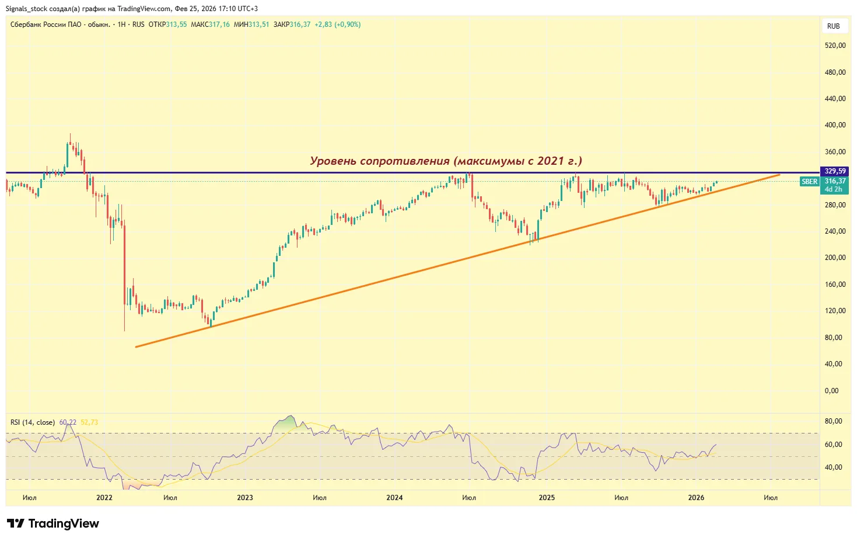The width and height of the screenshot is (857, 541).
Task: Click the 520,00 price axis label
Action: [835, 46]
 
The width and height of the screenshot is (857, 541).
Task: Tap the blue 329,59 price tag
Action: [835, 171]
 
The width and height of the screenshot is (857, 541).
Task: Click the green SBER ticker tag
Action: [809, 182]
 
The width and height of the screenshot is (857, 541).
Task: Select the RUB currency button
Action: [833, 26]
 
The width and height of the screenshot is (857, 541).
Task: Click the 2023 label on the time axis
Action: [245, 498]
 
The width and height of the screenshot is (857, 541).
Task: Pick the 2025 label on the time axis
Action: [547, 498]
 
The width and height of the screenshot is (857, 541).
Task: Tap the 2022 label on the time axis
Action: [104, 498]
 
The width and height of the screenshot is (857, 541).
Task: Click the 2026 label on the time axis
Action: [696, 498]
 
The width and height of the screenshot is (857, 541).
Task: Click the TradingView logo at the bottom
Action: [53, 523]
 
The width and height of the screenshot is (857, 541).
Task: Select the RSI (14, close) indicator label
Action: [33, 422]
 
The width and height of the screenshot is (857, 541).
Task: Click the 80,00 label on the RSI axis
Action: [833, 421]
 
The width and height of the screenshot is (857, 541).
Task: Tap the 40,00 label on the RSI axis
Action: [833, 467]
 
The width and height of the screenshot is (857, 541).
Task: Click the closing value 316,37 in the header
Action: [300, 25]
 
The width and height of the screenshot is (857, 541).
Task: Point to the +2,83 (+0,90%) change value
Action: [337, 25]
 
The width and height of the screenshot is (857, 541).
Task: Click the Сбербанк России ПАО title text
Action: [46, 25]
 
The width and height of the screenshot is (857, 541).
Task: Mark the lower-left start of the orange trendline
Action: [136, 347]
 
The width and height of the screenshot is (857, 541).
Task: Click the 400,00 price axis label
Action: [835, 125]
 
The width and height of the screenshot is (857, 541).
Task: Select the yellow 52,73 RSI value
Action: [89, 422]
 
